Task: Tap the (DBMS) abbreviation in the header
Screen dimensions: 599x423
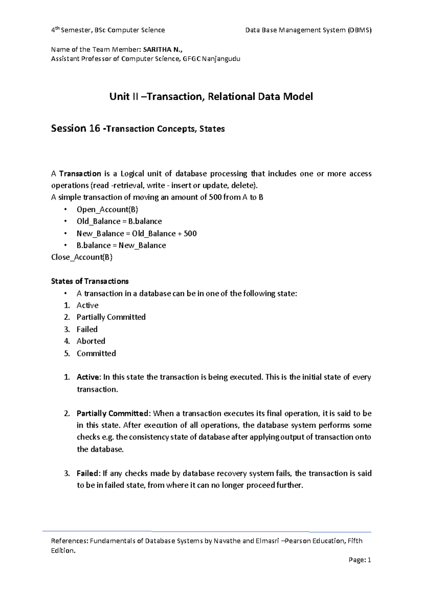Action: tap(359, 30)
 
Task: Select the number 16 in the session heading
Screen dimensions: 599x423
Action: tap(94, 128)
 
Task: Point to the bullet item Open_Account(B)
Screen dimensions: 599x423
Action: tap(107, 209)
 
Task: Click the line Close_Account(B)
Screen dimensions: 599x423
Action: tap(82, 257)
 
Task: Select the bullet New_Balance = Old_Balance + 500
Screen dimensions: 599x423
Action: tap(136, 233)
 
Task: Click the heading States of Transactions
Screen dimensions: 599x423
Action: tap(90, 281)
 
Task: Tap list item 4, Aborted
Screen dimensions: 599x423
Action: tap(91, 341)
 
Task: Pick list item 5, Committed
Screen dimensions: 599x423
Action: tap(96, 353)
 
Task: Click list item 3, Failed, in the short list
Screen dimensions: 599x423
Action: tap(87, 329)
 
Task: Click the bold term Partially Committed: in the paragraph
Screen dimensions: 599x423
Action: tap(114, 413)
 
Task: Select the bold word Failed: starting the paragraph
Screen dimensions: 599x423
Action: tap(88, 473)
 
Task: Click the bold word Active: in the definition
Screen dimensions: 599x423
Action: tap(88, 377)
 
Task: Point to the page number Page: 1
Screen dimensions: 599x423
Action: tap(360, 560)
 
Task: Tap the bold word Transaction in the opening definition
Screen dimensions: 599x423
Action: tap(80, 174)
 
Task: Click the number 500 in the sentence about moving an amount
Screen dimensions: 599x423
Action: tap(215, 197)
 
